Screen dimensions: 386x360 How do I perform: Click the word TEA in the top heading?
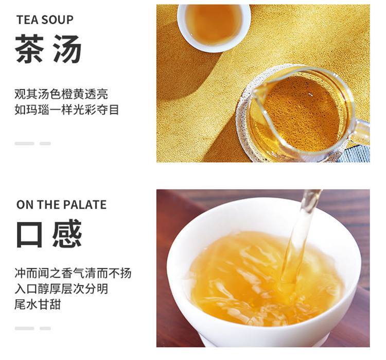26,20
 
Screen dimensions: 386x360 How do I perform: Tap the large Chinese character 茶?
29,48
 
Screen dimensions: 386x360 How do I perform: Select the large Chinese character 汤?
67,48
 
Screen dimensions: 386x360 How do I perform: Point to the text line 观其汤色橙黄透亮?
61,94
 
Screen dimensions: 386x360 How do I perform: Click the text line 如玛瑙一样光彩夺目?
67,110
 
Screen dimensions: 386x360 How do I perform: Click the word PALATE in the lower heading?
85,205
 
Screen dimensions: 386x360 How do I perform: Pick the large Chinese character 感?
67,233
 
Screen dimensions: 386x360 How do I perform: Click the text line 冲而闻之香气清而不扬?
73,273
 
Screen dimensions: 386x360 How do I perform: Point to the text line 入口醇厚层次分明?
61,289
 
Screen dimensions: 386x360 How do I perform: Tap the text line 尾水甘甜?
38,304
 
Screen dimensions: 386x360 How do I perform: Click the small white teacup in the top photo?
214,27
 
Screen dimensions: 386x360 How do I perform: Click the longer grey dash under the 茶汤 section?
24,143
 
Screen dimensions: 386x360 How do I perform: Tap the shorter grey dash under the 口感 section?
45,329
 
